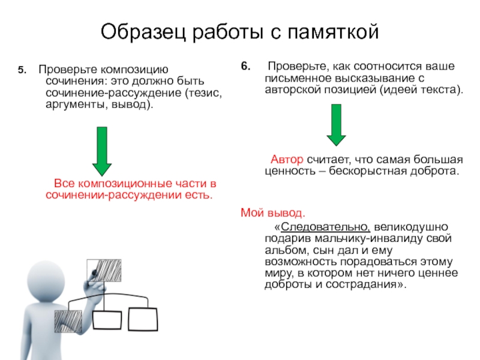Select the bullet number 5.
click(x=21, y=70)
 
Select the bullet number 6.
click(x=245, y=67)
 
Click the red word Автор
click(x=287, y=160)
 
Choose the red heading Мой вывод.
click(x=272, y=212)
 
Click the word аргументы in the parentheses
click(x=74, y=104)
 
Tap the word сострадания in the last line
click(x=362, y=284)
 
